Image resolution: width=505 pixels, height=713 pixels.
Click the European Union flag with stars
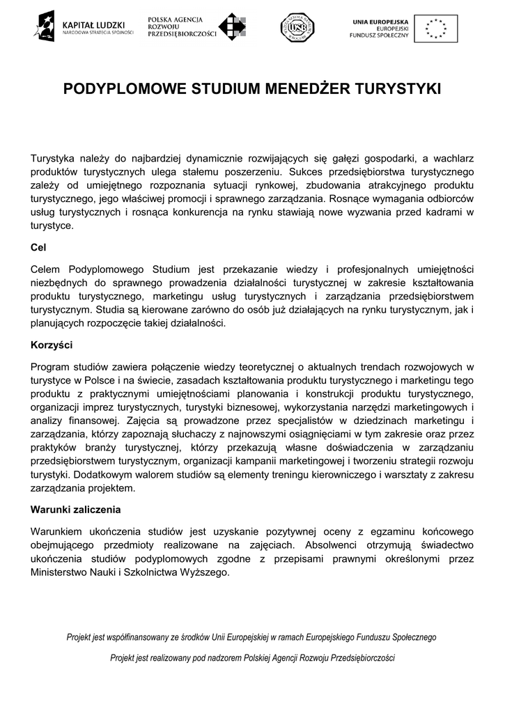(435, 29)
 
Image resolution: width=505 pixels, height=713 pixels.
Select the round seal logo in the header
(297, 27)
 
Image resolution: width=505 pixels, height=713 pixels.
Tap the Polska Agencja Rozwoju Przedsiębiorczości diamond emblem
(233, 27)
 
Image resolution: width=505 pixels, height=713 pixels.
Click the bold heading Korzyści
(52, 345)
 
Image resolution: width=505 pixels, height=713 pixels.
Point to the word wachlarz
(453, 157)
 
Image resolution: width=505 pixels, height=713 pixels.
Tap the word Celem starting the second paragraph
(47, 269)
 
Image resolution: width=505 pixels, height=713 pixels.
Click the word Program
(52, 366)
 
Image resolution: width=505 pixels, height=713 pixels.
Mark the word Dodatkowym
(93, 474)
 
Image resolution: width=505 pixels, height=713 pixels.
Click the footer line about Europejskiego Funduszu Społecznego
(251, 636)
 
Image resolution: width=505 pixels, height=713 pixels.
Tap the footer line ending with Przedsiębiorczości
(251, 658)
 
